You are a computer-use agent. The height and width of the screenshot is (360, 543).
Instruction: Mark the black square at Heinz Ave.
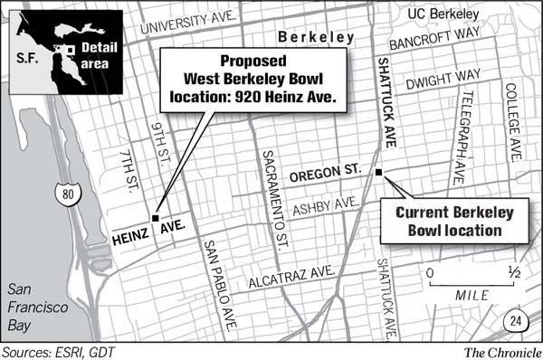pos(156,219)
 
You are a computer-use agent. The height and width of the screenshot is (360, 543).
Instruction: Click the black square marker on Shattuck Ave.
pos(379,172)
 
